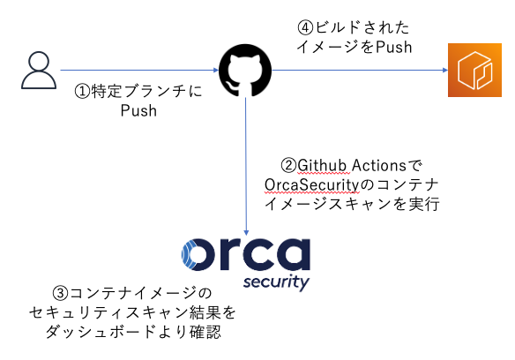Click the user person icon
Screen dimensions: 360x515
click(38, 71)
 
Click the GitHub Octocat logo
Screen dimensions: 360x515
click(244, 70)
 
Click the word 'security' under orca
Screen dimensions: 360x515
click(277, 284)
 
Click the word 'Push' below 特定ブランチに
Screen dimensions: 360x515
click(138, 111)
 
